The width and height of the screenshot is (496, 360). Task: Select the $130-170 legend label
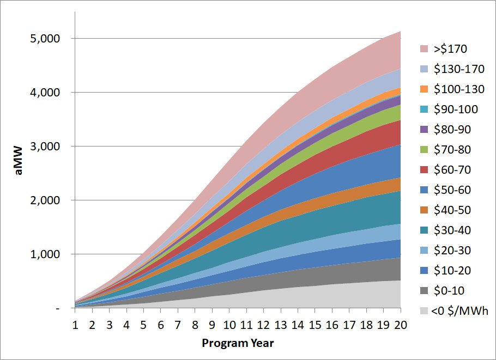(x=456, y=69)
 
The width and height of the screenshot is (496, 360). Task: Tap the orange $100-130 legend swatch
(x=424, y=89)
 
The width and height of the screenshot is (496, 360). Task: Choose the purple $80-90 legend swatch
(x=424, y=130)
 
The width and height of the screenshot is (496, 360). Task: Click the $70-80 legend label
(x=452, y=150)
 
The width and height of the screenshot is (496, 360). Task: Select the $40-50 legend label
(x=452, y=210)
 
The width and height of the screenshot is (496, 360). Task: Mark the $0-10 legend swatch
(x=424, y=291)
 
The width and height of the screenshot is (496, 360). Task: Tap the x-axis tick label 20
(x=401, y=325)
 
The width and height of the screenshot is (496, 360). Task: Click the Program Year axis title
(x=238, y=343)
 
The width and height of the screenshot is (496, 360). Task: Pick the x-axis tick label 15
(x=315, y=325)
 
